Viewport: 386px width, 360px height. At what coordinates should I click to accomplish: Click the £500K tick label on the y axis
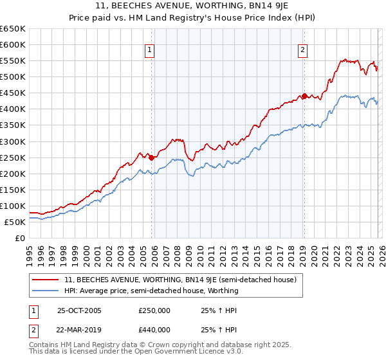coord(13,77)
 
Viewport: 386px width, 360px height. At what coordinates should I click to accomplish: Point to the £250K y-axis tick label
coord(13,157)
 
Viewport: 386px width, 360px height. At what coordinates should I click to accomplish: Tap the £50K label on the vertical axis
coord(15,222)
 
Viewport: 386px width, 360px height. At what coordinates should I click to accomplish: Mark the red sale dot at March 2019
coord(304,96)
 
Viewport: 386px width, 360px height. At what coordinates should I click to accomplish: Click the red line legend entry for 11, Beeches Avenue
coord(180,280)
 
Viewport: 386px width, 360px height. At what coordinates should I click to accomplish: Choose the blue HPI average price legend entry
coord(151,291)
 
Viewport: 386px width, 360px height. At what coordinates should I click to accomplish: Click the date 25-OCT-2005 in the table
coord(79,310)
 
